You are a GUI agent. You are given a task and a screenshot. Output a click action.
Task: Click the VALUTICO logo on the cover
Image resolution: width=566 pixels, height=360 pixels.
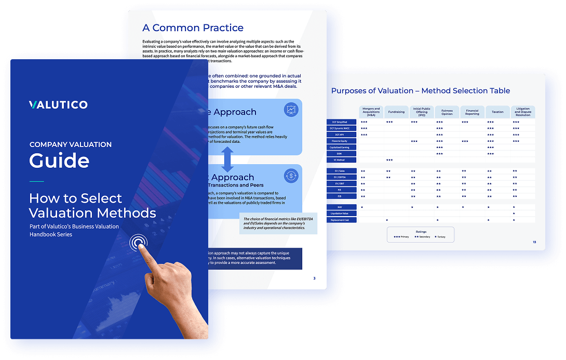coord(58,105)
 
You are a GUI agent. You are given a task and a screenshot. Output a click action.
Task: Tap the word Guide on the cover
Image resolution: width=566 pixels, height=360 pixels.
coord(59,161)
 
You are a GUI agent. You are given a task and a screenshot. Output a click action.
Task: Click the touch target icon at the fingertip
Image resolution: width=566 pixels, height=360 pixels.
coord(138,242)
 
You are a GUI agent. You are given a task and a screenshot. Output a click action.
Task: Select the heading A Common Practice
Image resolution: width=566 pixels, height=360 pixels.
coord(193,28)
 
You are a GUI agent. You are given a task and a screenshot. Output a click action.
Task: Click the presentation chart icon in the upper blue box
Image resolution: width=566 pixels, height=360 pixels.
coord(291,110)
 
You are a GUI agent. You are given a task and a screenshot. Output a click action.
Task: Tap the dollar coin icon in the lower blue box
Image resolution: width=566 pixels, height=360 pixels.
coord(291,176)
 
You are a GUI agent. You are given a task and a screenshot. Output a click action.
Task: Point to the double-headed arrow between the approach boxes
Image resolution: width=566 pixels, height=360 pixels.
coord(227,159)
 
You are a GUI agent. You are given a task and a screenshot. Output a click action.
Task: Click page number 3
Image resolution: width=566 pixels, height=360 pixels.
coord(314,278)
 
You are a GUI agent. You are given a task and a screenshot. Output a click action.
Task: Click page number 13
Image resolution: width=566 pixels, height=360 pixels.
coord(534,242)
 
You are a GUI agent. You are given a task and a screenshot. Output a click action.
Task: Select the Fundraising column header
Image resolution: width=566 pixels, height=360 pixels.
coord(396,112)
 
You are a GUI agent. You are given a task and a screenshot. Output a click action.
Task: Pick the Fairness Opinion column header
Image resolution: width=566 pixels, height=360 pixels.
coord(447,112)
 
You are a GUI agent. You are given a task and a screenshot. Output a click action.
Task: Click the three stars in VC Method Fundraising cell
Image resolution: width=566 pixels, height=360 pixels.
coord(389,160)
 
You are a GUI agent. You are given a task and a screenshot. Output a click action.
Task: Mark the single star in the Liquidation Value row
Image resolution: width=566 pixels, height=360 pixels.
coord(514,214)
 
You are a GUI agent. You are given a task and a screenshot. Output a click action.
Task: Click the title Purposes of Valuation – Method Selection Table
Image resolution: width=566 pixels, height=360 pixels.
coord(421,91)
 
